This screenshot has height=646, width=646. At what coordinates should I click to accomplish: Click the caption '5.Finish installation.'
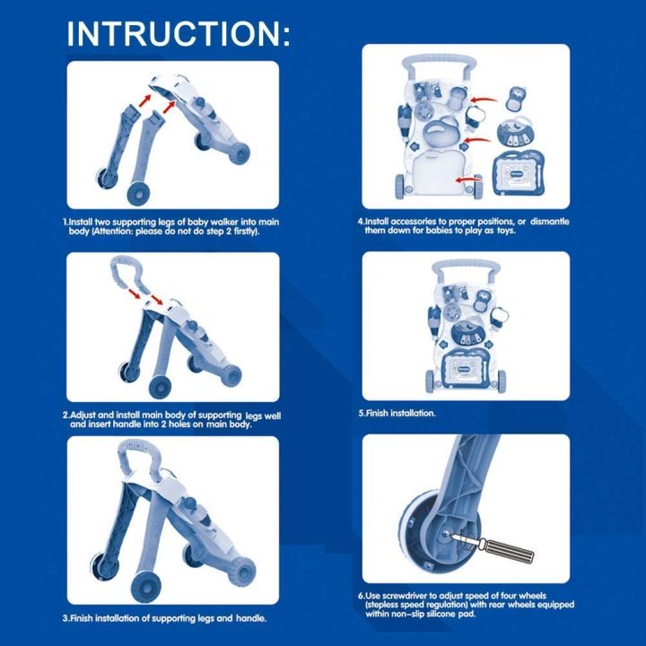click(397, 414)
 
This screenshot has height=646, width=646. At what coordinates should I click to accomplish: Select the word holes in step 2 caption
click(173, 424)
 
